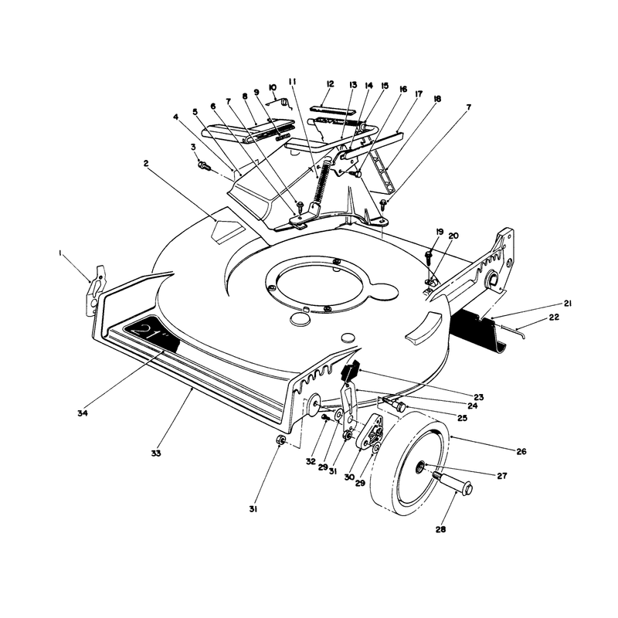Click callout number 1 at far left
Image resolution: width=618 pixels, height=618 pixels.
click(x=60, y=254)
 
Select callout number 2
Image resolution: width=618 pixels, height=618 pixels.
click(x=146, y=163)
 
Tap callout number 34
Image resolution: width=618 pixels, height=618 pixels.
click(x=82, y=413)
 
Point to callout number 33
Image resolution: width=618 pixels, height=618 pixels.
click(x=156, y=453)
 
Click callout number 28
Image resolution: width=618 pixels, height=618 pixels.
click(x=440, y=529)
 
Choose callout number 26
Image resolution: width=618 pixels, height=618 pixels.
click(x=521, y=452)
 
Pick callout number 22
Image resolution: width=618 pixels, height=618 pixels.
click(x=554, y=317)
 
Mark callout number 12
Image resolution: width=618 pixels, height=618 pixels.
click(x=331, y=84)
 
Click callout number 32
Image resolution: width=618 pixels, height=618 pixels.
click(x=311, y=461)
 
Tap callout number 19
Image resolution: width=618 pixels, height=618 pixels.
click(x=440, y=232)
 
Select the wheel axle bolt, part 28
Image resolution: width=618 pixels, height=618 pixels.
click(x=453, y=482)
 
